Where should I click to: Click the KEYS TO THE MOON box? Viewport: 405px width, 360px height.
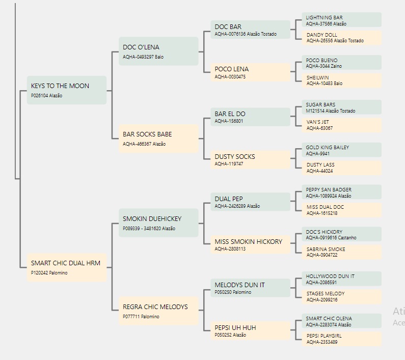coord(67,90)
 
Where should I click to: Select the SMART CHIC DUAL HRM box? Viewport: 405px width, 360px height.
coord(67,267)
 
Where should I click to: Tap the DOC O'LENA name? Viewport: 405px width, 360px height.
coord(141,47)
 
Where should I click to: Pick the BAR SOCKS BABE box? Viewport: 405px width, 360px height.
coord(158,139)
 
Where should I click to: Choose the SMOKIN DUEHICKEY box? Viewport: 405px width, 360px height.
coord(158,223)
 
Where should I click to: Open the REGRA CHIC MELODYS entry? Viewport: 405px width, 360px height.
coord(158,311)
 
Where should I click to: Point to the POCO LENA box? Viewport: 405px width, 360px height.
coord(250,72)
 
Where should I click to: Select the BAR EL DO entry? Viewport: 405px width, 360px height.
coord(250,117)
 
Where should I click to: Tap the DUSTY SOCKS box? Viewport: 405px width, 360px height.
coord(250,159)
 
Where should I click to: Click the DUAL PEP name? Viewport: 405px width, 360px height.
coord(229,199)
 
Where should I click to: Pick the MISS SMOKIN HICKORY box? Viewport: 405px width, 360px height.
coord(250,244)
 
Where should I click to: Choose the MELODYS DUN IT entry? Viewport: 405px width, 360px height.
coord(250,288)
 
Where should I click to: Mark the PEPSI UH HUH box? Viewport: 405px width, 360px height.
coord(250,330)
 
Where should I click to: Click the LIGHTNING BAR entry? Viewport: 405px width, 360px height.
coord(341,20)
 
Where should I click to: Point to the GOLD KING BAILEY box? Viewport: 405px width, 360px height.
coord(341,150)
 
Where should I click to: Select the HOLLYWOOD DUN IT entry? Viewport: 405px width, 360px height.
coord(341,279)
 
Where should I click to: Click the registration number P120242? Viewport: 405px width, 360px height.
coord(39,273)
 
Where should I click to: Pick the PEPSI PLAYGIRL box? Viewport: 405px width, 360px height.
coord(341,339)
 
